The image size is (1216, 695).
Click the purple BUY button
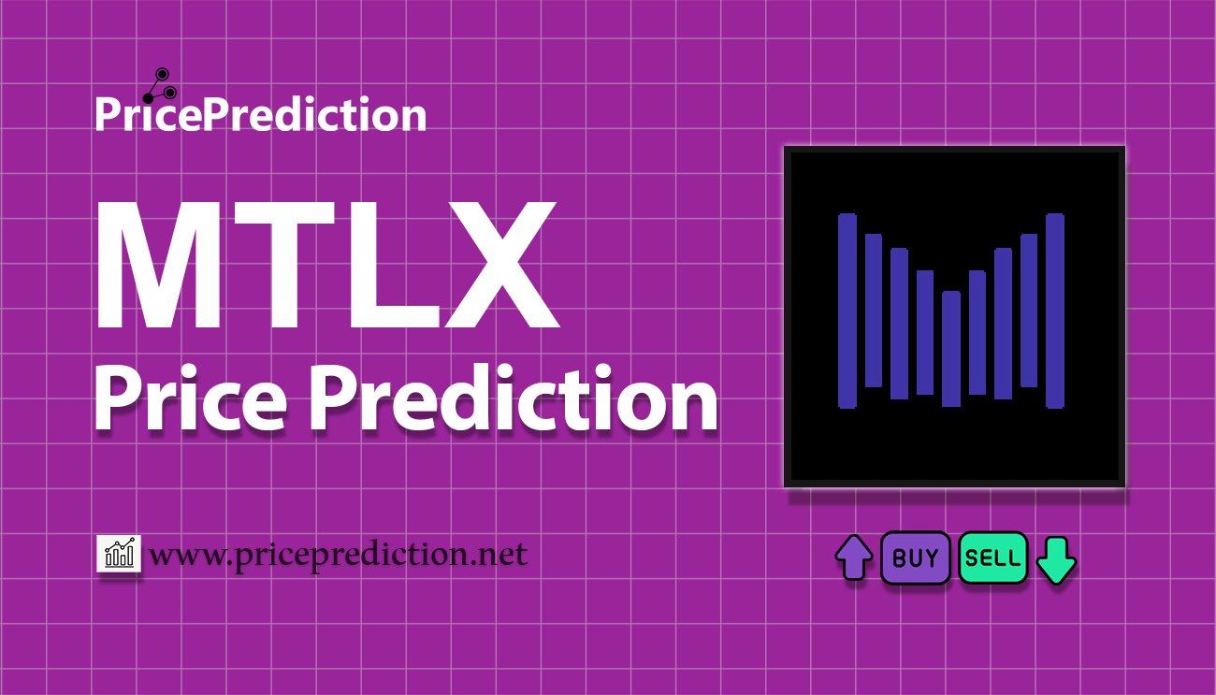pos(915,557)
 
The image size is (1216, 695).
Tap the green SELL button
pos(992,557)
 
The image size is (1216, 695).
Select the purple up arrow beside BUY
pos(854,557)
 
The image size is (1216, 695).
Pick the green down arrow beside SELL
pos(1056,560)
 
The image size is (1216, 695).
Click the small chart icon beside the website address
pos(119,553)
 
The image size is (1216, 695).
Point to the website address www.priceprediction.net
pos(338,556)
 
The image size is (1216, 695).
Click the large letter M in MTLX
pos(158,265)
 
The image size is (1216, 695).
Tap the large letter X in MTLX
pos(501,265)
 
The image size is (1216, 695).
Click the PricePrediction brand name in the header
pos(261,114)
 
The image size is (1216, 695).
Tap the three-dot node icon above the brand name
pos(160,85)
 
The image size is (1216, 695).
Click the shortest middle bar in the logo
pos(951,349)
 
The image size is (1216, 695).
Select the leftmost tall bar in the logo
pos(847,311)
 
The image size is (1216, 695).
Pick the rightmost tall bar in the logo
pos(1055,311)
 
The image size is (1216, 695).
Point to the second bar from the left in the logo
pos(874,311)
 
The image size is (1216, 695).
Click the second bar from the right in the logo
pos(1029,311)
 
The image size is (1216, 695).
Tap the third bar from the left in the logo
pos(900,324)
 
